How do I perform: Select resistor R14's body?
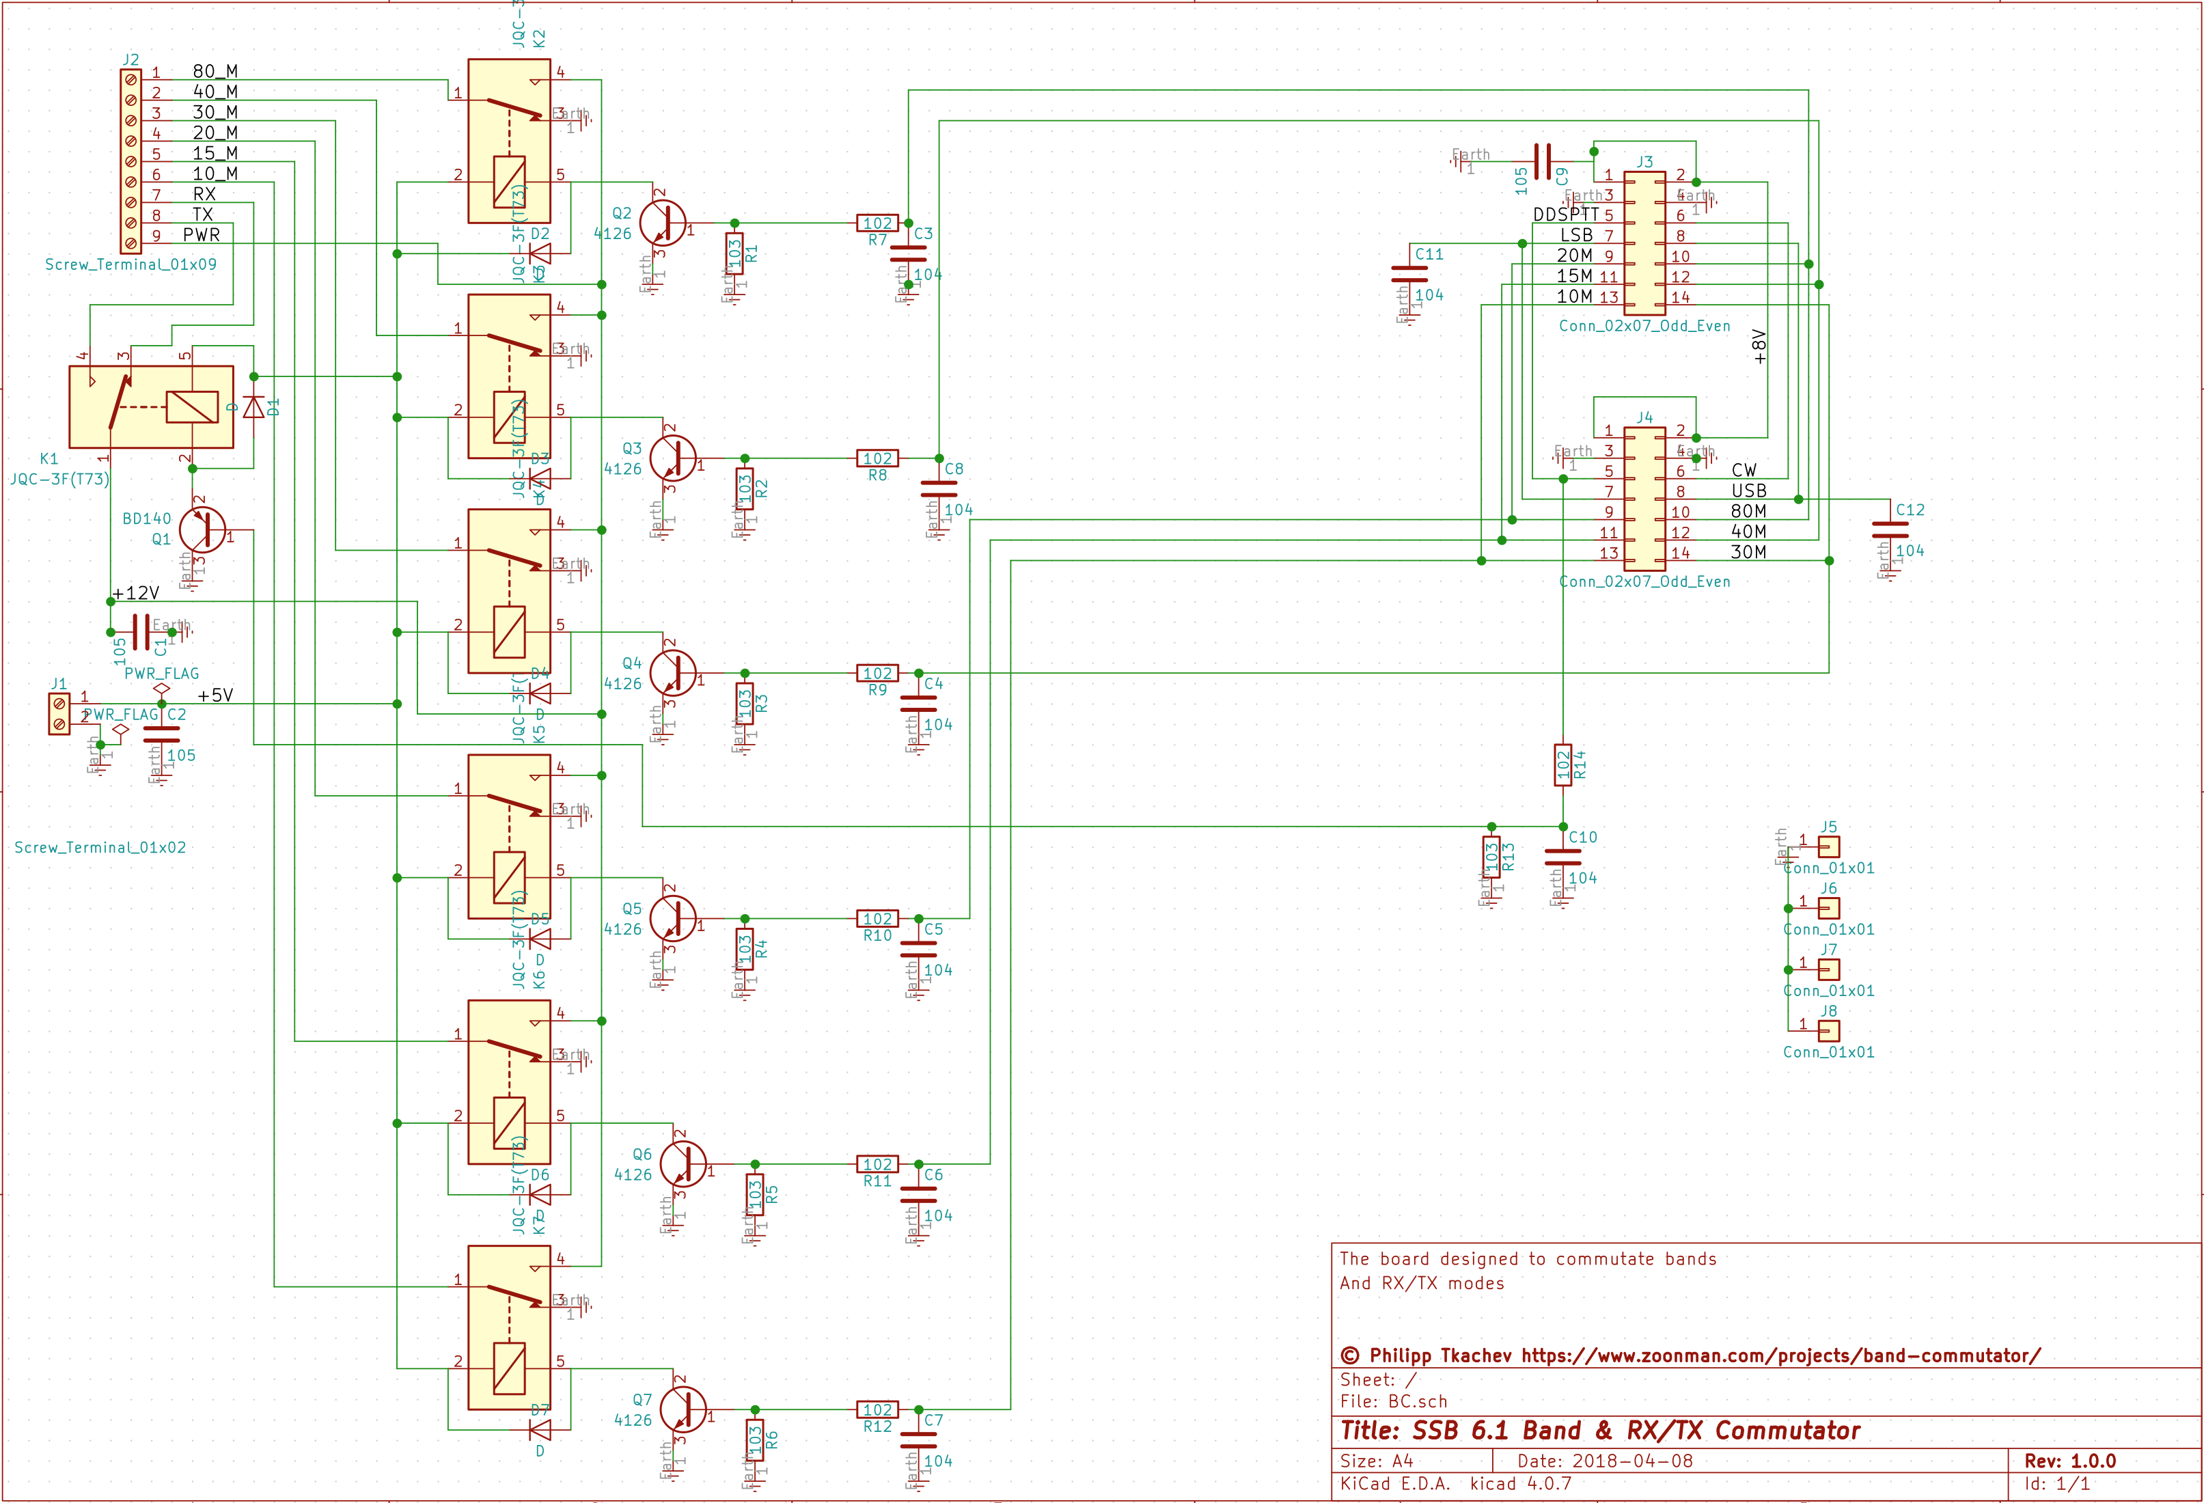coord(1563,764)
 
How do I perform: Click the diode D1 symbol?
coord(253,406)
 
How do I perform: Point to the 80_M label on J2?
coord(215,72)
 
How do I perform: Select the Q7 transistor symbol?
coord(683,1409)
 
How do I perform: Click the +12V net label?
coord(136,594)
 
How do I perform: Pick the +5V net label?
coord(215,695)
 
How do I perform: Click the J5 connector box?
coord(1828,846)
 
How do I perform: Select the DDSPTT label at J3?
coord(1566,215)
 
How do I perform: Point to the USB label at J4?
coord(1749,491)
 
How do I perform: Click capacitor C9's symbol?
coord(1542,161)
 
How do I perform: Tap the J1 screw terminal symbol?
coord(59,714)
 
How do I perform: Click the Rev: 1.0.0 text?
coord(2069,1461)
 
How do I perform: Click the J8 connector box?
coord(1828,1031)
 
